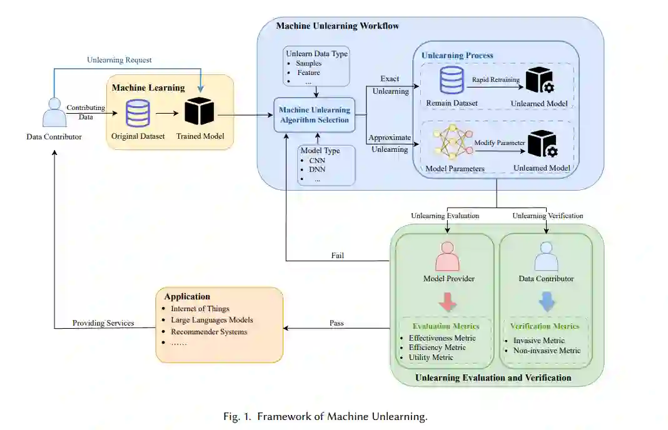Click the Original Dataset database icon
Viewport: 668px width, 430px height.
[138, 113]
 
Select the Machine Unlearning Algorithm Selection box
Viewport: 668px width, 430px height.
[314, 114]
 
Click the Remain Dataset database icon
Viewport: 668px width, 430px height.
[451, 81]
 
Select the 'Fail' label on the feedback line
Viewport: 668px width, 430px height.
[338, 256]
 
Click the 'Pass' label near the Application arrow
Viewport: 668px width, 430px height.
[337, 323]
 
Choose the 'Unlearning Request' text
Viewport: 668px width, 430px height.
[119, 60]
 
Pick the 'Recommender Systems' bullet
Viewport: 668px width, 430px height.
[209, 331]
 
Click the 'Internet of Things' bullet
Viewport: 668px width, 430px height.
[200, 308]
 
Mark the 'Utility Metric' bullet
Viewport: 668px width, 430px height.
[430, 357]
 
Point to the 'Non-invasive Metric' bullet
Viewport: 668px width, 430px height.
[547, 351]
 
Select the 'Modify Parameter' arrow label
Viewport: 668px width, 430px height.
[499, 142]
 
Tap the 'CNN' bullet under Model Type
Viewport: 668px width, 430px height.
[317, 159]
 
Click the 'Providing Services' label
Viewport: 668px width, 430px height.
[103, 323]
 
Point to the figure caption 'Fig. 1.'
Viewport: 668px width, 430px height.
[240, 417]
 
